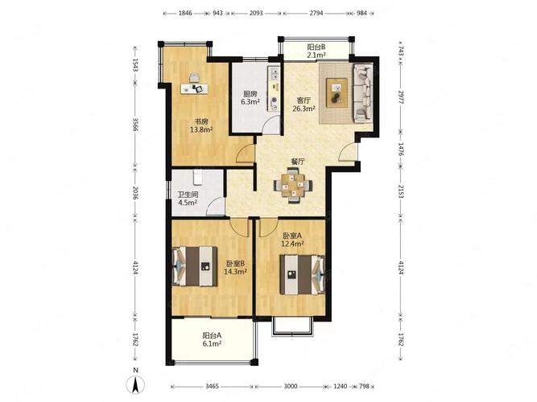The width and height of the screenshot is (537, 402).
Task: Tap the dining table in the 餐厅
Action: click(293, 186)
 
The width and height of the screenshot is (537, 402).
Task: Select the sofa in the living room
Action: click(362, 93)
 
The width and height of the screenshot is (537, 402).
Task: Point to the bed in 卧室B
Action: click(195, 266)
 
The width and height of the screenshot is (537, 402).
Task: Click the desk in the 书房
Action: click(195, 88)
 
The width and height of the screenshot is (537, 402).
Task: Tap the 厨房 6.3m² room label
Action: click(250, 97)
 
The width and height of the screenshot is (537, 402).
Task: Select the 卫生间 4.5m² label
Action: click(188, 199)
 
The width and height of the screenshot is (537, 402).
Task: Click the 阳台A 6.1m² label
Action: click(212, 339)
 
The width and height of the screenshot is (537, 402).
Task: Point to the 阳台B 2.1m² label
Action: click(316, 51)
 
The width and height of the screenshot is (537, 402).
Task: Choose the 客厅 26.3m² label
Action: click(304, 105)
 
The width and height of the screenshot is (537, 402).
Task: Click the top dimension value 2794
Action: click(316, 14)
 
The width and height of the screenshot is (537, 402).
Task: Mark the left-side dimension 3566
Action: click(135, 125)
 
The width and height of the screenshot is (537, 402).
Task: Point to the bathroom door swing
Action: click(215, 207)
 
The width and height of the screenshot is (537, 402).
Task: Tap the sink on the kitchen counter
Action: click(275, 72)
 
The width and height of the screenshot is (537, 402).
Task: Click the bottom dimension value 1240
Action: click(340, 386)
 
